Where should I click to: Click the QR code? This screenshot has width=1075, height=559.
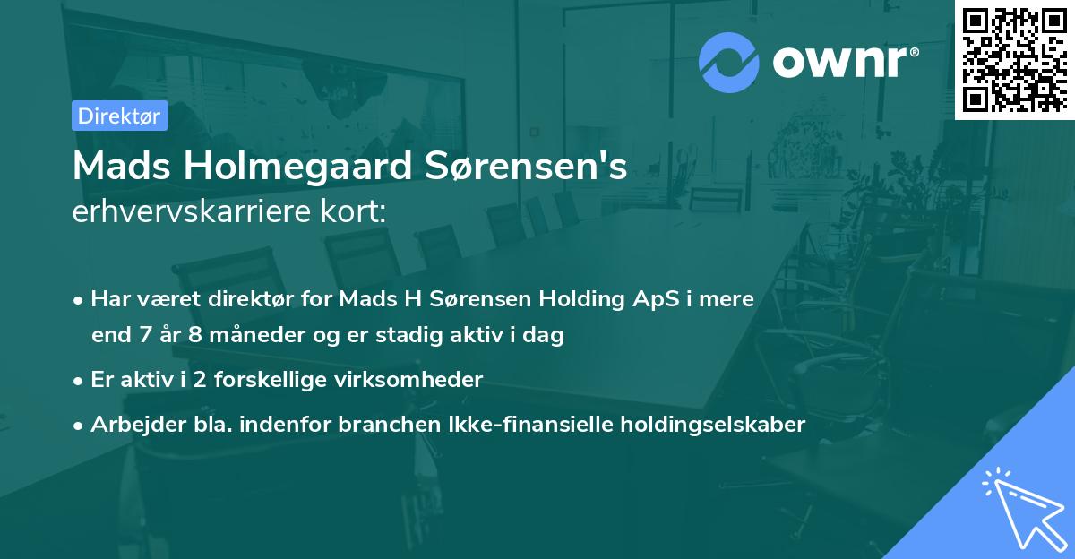point(1014,59)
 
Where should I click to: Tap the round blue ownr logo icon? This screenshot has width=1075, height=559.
point(729,61)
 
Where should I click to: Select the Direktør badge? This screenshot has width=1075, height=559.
point(119,116)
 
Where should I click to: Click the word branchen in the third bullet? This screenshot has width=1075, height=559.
point(376,424)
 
